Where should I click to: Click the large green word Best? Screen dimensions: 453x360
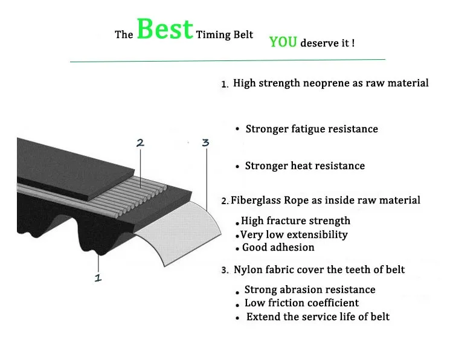coord(164,29)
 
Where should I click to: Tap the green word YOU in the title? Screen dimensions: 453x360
coord(283,42)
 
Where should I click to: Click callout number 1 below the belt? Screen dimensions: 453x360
coord(98,278)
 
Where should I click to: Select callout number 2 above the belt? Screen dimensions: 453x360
coord(140,143)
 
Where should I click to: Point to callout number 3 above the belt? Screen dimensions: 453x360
coord(205,143)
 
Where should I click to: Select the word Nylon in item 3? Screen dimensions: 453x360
coord(248,269)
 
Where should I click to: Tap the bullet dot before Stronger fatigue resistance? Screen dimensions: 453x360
coord(238,129)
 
